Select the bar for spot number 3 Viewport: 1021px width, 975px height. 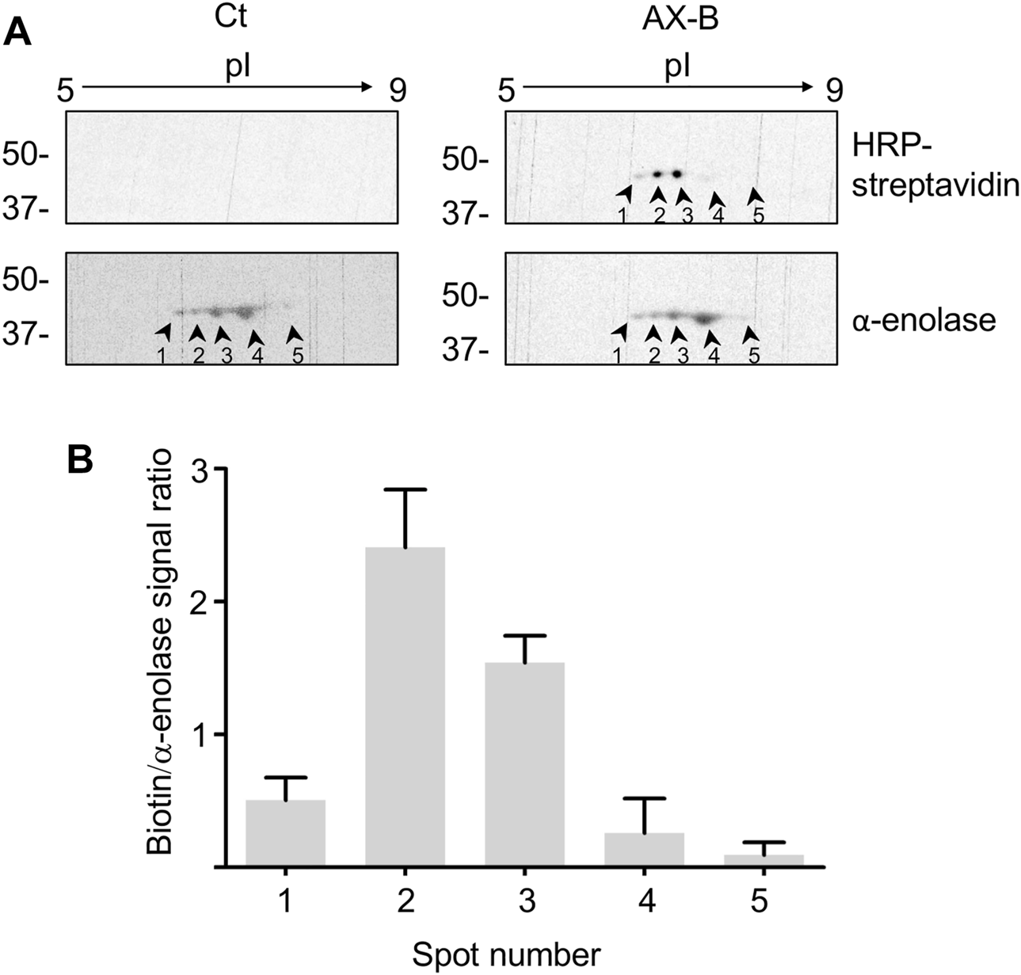[x=524, y=764]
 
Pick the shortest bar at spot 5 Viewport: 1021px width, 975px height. [x=764, y=860]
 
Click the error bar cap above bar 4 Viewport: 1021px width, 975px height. [x=644, y=798]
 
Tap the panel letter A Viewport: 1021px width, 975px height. [x=20, y=33]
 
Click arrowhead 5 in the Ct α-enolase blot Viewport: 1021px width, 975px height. [x=294, y=333]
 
